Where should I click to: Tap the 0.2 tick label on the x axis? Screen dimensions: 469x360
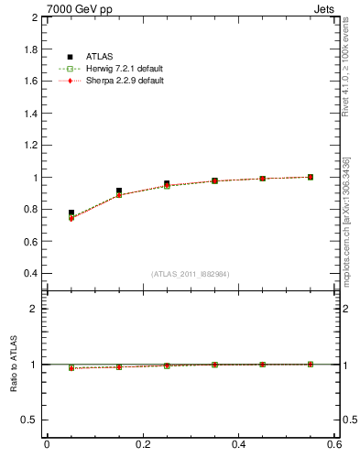(x=143, y=444)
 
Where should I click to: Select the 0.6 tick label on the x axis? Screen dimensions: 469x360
(x=335, y=444)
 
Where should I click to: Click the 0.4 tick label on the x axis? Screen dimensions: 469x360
(x=239, y=444)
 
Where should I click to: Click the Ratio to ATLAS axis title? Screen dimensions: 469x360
(x=14, y=365)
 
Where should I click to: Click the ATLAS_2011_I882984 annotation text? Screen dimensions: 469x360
(x=191, y=274)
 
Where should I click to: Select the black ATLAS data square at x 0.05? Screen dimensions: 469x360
(x=71, y=213)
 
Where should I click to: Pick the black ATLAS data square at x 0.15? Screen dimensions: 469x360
(x=119, y=191)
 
